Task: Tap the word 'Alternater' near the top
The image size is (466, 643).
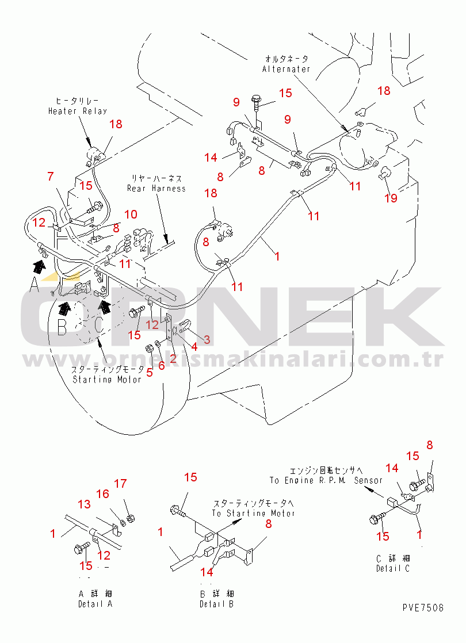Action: tap(286, 69)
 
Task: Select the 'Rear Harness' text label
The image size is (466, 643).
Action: tap(156, 188)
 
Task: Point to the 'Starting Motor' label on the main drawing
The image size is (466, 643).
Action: tap(106, 380)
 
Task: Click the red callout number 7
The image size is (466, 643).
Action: tap(51, 176)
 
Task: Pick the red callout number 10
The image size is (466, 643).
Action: tap(131, 215)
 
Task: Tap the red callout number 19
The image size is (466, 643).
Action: tap(391, 198)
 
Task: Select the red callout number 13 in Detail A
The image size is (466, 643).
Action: tap(84, 504)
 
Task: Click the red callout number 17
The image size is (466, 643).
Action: tap(120, 484)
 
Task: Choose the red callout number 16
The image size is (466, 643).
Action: tap(102, 494)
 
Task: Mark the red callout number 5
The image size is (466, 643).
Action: tap(149, 372)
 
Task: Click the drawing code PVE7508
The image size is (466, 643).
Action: tap(423, 608)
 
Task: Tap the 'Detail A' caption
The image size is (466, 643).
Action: tap(95, 604)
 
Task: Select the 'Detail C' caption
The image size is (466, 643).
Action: tap(393, 569)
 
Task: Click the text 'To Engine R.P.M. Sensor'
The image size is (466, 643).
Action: tap(326, 480)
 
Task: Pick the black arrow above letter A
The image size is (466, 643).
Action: tap(39, 266)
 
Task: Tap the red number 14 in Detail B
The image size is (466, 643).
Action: tap(207, 572)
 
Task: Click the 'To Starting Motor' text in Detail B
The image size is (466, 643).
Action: tap(253, 513)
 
